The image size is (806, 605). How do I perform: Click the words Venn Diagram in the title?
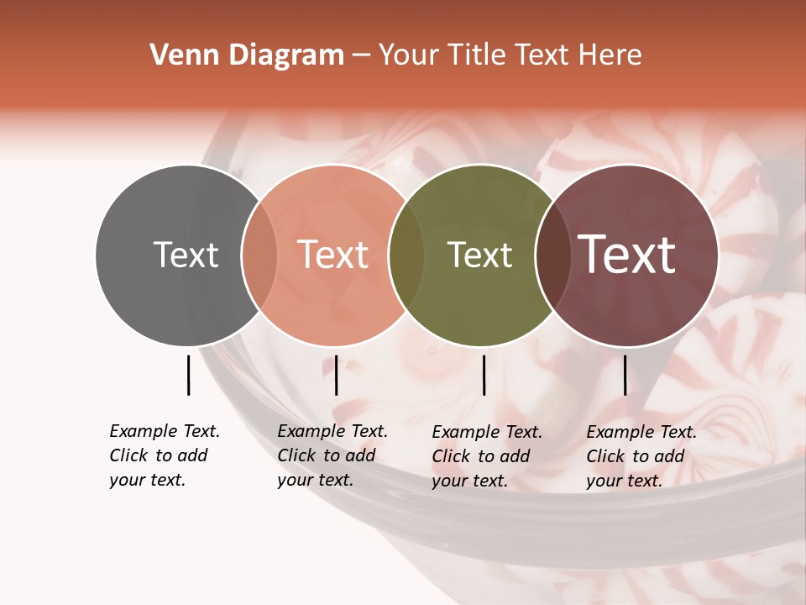coord(247,55)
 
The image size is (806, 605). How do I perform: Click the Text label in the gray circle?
coord(186,255)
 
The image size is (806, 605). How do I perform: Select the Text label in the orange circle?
coord(332,255)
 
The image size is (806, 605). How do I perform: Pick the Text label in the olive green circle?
coord(479,255)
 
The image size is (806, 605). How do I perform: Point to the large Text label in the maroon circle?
coord(627,255)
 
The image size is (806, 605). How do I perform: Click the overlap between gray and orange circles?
coord(259,255)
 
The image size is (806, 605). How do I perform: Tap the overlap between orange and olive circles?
coord(406,255)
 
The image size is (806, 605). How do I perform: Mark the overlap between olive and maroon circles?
coord(552,255)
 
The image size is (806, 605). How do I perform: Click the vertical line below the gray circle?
coord(188,375)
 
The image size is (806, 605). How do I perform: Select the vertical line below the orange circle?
coord(336,375)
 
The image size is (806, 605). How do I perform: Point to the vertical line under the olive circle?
coord(484,375)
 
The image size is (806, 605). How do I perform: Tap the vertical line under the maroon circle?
coord(625,375)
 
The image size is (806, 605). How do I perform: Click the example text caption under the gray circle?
coord(164,455)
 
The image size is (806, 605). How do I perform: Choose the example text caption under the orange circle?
coord(332,455)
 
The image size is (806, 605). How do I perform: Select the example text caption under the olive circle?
coord(486,456)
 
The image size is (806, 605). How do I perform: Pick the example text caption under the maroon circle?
coord(641,456)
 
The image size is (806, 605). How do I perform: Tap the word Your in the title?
coord(409,55)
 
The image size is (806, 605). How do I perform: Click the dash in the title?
coord(361,55)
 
